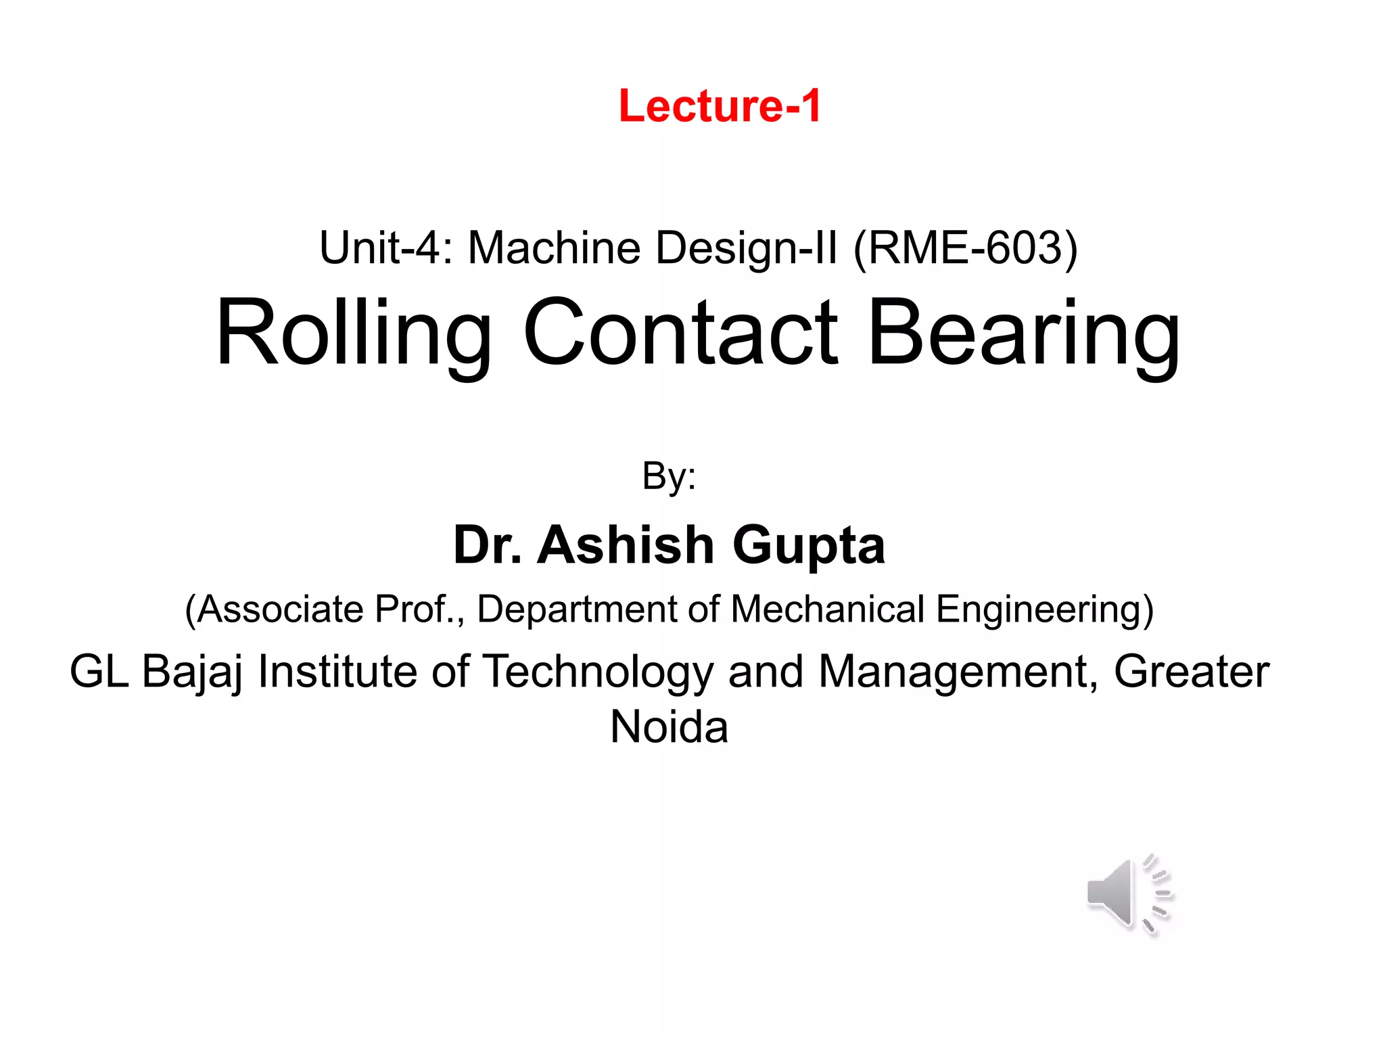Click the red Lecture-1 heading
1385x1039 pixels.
(x=720, y=106)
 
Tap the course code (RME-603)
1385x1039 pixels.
(x=966, y=248)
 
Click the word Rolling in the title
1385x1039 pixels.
(x=354, y=334)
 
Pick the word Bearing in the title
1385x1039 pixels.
(x=1024, y=334)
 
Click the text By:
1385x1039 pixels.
(x=669, y=476)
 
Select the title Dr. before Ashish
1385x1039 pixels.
(x=487, y=545)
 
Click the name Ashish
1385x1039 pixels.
(x=626, y=545)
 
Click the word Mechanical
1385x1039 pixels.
(x=828, y=609)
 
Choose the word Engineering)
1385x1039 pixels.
(x=1045, y=609)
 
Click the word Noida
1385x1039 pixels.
(x=669, y=728)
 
